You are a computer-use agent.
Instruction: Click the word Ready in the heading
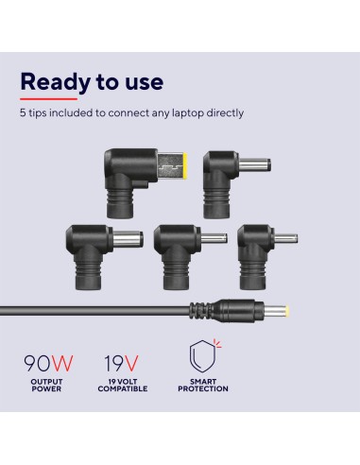click(x=55, y=82)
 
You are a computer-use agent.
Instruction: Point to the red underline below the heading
click(x=48, y=99)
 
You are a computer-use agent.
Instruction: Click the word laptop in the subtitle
click(x=188, y=113)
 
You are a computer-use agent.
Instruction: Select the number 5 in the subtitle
click(x=23, y=112)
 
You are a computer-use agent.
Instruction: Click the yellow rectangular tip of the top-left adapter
click(x=185, y=164)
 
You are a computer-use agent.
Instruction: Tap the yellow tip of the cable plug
click(x=286, y=311)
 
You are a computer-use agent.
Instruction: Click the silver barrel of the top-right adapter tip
click(x=254, y=165)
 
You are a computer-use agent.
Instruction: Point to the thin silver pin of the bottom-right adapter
click(x=286, y=239)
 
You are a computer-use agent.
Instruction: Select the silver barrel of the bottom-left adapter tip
click(x=128, y=239)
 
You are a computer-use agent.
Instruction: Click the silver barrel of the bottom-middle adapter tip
click(x=214, y=238)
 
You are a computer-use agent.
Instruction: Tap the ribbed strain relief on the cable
click(x=200, y=311)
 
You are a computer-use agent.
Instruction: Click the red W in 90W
click(x=62, y=363)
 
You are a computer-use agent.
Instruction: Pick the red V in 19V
click(x=131, y=363)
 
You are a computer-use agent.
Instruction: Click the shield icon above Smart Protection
click(x=203, y=356)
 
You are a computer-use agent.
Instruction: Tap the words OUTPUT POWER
click(x=46, y=386)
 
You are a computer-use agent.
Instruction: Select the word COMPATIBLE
click(x=123, y=388)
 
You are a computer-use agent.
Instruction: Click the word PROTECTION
click(x=203, y=388)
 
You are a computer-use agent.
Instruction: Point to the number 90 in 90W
click(x=37, y=363)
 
